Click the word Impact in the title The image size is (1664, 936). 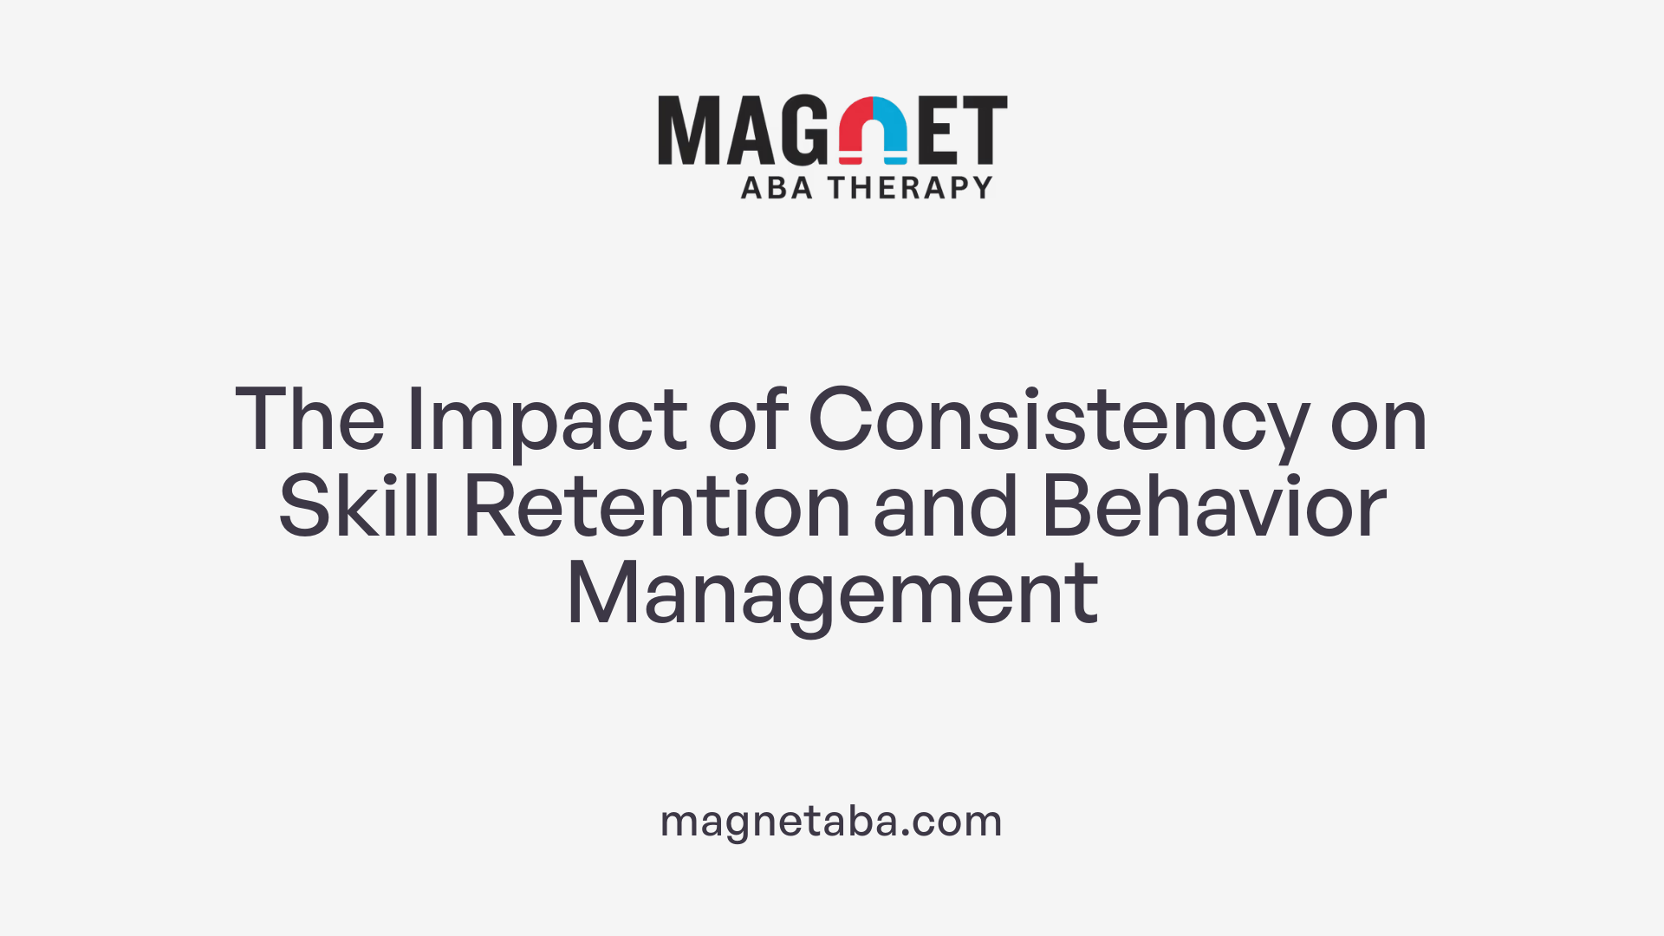pyautogui.click(x=546, y=421)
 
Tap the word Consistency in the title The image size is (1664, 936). pyautogui.click(x=1058, y=421)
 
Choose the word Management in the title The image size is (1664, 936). pyautogui.click(x=832, y=595)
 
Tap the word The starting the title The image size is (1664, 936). pyautogui.click(x=309, y=421)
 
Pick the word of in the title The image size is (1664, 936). pyautogui.click(x=748, y=421)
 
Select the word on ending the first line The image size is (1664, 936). pyautogui.click(x=1378, y=421)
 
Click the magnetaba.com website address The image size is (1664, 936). pyautogui.click(x=831, y=821)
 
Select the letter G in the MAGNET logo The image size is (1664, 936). pyautogui.click(x=805, y=130)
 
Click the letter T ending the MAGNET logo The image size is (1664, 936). pyautogui.click(x=984, y=130)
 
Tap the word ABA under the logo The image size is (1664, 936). pyautogui.click(x=777, y=188)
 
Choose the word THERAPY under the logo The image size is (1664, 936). pyautogui.click(x=910, y=188)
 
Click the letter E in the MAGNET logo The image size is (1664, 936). pyautogui.click(x=939, y=130)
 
